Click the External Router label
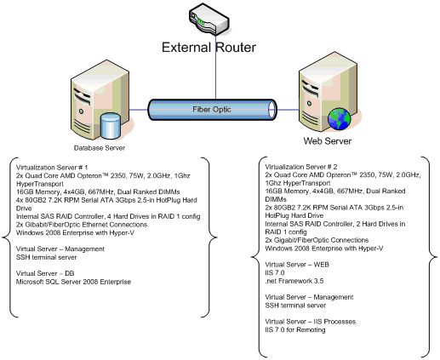tap(209, 48)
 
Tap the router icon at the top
tap(209, 20)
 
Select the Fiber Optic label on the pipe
tap(212, 110)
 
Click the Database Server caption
tap(100, 148)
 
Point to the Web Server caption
tap(328, 141)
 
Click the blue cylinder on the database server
tap(111, 126)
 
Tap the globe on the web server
tap(339, 119)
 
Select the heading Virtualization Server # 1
tap(52, 168)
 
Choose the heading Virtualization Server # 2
tap(301, 167)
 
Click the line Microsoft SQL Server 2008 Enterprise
tap(73, 282)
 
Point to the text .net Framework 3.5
tap(294, 281)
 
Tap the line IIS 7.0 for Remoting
tap(295, 330)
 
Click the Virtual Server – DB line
tap(45, 273)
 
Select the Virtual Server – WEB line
tap(297, 265)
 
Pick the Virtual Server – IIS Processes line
tap(311, 322)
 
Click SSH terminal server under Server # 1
tap(47, 257)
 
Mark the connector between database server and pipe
tap(139, 110)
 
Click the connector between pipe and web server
tap(288, 110)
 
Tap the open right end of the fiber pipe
tap(272, 110)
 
